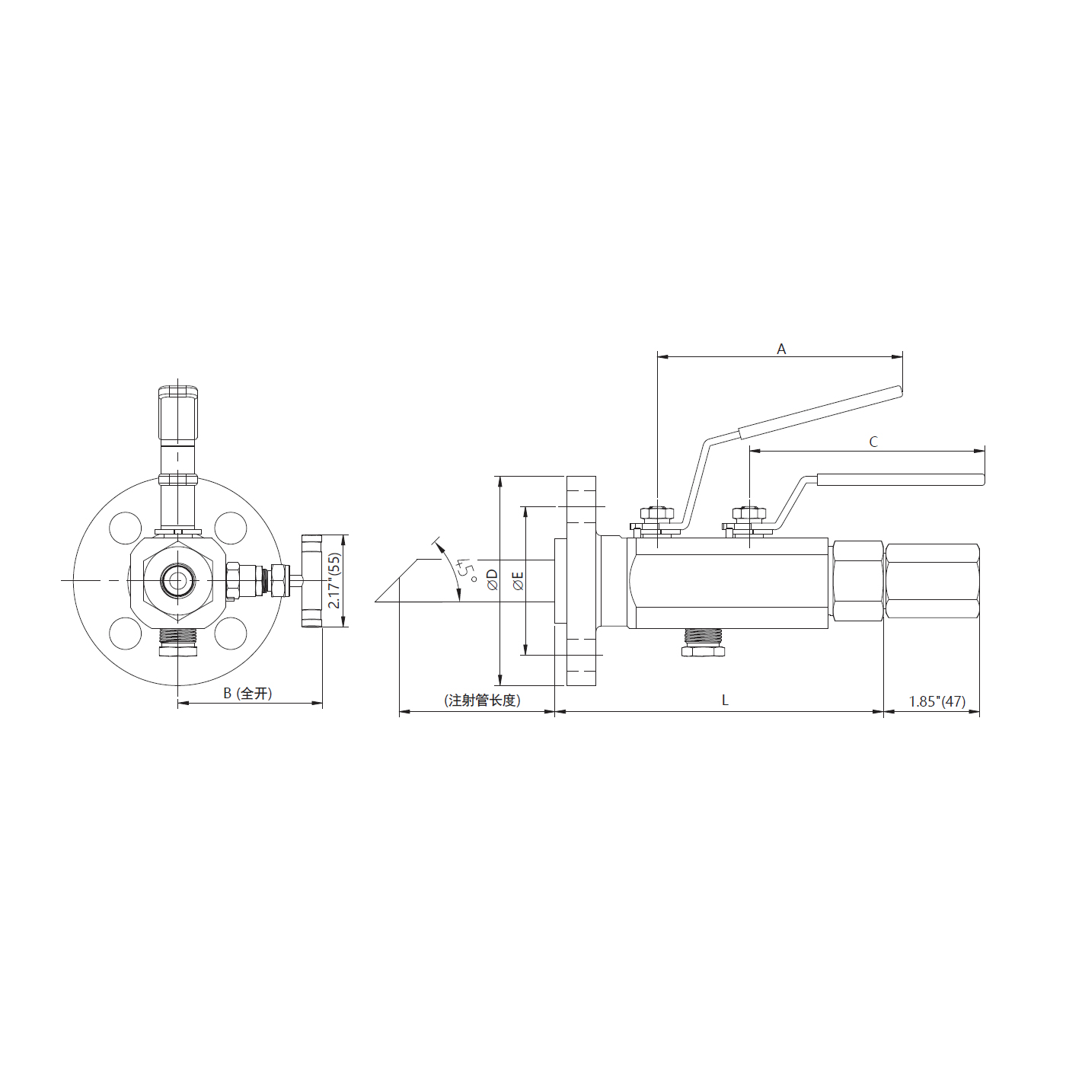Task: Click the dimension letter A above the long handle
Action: click(781, 349)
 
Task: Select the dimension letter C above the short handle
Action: click(873, 442)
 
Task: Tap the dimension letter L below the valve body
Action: click(725, 701)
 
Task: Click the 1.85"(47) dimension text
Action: click(937, 701)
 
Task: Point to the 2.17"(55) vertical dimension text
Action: click(335, 581)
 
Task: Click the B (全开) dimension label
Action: click(247, 693)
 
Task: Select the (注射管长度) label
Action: click(483, 701)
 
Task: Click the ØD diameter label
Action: click(493, 579)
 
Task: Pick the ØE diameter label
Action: click(519, 581)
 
